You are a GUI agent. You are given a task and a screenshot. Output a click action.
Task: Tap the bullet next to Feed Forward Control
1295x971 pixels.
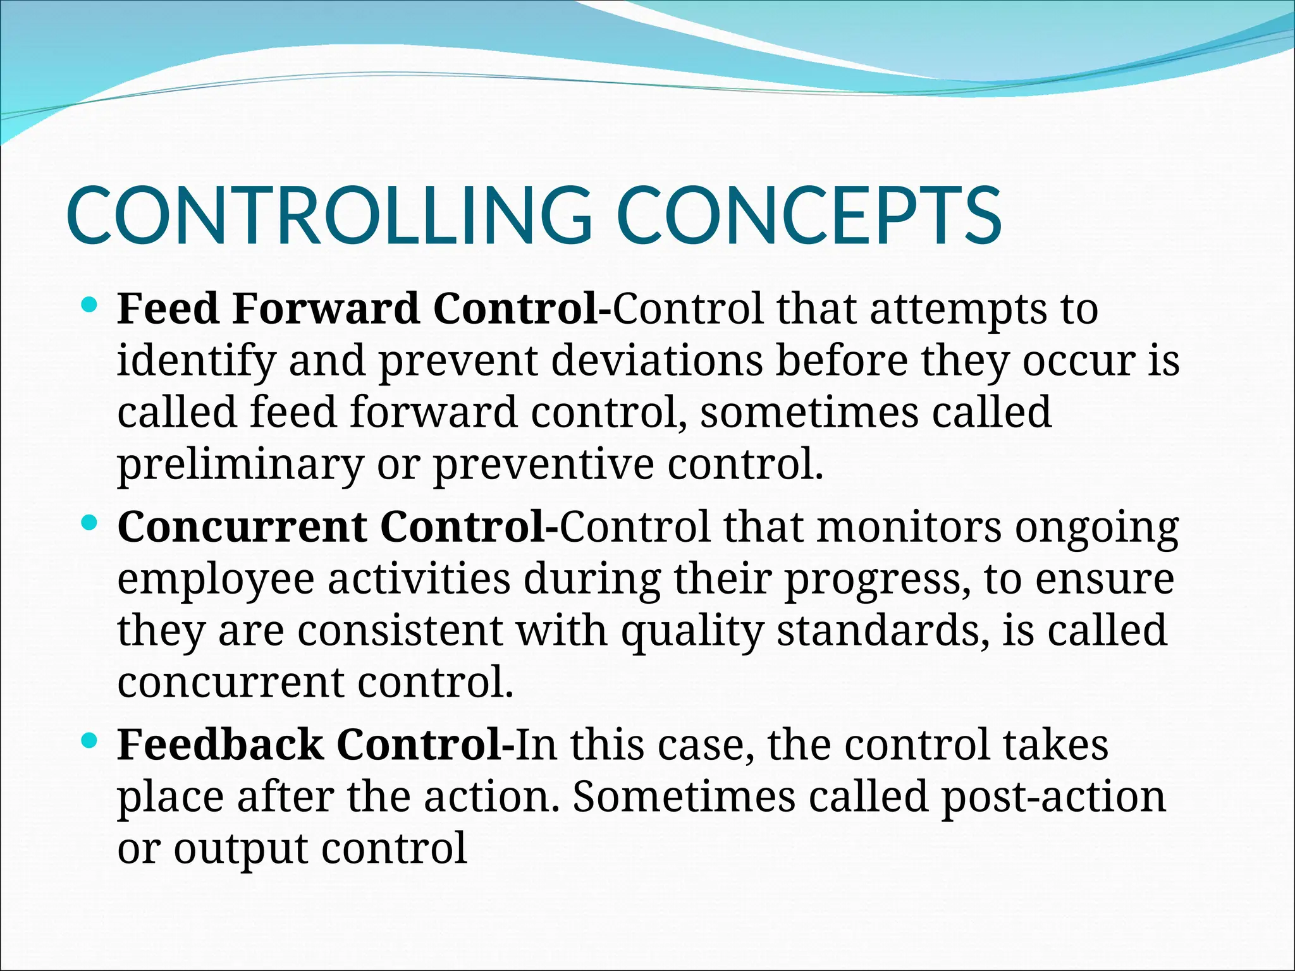coord(90,306)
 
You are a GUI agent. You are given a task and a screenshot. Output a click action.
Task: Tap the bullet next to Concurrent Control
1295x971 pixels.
coord(90,523)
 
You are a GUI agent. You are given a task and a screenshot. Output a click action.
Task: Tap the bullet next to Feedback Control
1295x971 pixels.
coord(90,740)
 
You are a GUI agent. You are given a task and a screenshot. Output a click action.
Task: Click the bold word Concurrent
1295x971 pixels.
coord(242,527)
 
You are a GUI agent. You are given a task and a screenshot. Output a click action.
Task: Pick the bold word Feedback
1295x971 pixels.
coord(220,744)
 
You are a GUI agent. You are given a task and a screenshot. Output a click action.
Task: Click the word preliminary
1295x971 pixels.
coord(240,465)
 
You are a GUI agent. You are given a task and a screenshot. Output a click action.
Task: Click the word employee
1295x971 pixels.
coord(216,579)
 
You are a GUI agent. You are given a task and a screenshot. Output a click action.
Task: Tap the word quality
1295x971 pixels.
coord(692,631)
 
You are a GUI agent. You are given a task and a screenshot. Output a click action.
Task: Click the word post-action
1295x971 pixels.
coord(1053,797)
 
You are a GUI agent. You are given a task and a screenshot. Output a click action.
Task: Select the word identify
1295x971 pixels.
coord(197,361)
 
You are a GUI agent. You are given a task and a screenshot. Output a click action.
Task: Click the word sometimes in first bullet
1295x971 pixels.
coord(809,413)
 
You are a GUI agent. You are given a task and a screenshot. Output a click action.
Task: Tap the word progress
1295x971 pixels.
coord(878,579)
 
